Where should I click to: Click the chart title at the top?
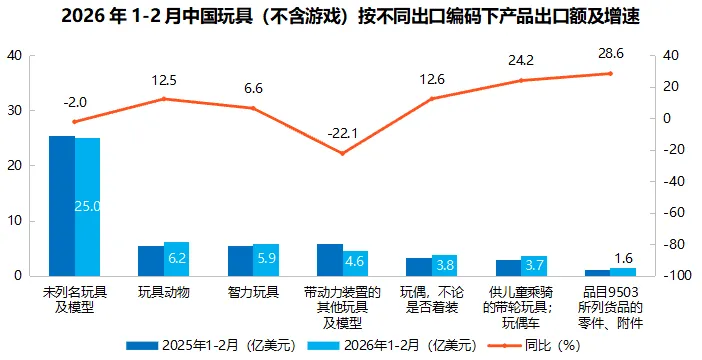click(351, 17)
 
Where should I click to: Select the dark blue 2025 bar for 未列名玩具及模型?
click(62, 205)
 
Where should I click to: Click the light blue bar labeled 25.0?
click(88, 206)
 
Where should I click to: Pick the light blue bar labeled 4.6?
click(356, 262)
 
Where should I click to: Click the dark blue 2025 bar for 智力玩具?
click(240, 260)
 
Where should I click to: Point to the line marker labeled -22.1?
click(343, 153)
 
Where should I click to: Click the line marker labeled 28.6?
click(609, 73)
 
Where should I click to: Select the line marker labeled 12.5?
click(164, 99)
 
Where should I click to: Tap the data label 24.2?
click(520, 59)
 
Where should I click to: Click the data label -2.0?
click(75, 101)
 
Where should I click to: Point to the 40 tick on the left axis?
click(15, 56)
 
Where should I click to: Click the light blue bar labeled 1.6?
click(623, 271)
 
